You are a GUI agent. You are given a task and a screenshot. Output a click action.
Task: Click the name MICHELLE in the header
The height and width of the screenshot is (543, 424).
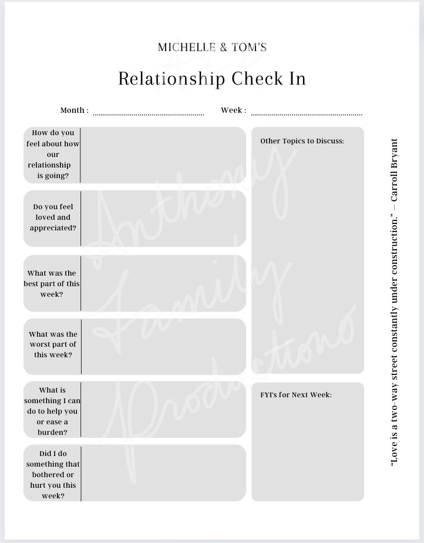point(186,47)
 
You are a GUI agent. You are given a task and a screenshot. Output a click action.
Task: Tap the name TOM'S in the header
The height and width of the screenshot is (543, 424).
point(250,47)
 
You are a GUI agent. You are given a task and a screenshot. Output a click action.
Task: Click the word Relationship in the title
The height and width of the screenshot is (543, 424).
point(171,78)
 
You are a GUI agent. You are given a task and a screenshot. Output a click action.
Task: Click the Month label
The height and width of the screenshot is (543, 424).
point(74,110)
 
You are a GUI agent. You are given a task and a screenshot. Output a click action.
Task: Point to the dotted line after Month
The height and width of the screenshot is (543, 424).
point(149,114)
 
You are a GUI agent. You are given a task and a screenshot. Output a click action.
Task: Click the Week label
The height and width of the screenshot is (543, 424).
point(233,110)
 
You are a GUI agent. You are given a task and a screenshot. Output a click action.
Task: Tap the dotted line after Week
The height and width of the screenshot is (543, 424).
point(307,114)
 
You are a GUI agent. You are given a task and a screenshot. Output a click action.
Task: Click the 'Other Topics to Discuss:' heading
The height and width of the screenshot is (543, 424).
point(302,141)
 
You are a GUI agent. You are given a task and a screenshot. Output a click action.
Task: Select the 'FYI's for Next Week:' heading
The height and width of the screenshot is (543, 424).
point(296,395)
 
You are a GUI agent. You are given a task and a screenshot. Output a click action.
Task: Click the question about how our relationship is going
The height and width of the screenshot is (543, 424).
point(53,154)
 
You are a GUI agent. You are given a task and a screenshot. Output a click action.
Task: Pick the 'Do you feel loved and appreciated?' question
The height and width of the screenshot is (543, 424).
point(53,217)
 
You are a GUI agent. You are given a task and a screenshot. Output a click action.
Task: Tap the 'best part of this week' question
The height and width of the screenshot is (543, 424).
point(52,283)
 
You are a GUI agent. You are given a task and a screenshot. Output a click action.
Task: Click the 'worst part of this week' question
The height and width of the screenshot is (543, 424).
point(53,344)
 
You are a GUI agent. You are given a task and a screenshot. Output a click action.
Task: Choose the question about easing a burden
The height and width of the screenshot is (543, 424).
point(52,411)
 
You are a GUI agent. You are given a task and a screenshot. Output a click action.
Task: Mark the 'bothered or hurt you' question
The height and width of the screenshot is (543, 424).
point(53,474)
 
